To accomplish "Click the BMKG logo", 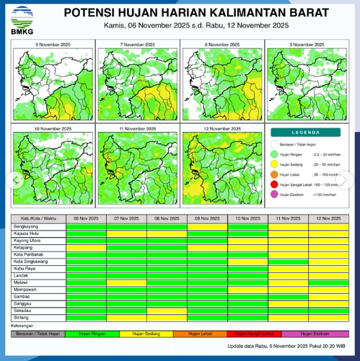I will [19, 18].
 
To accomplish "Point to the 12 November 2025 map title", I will [223, 128].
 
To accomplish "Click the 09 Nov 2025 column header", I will [207, 218].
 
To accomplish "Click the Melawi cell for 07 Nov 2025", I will [126, 282].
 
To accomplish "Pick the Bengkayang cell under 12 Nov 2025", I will [328, 226].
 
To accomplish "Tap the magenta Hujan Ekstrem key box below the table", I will [315, 334].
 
